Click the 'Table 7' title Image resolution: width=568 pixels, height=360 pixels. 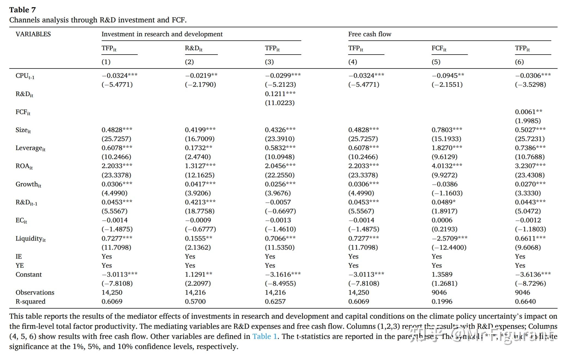pos(22,10)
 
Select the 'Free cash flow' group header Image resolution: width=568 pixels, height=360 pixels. pos(370,34)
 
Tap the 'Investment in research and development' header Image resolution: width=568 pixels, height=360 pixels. pos(162,34)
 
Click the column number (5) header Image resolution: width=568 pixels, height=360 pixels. pos(436,62)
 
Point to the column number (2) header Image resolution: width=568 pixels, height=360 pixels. pos(189,62)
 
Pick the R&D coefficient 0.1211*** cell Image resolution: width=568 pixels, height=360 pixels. pos(280,94)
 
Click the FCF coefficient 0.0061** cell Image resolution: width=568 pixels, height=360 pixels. pos(528,112)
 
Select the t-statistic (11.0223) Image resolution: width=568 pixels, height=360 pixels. pos(280,103)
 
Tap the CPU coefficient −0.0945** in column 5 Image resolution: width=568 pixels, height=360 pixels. pos(448,76)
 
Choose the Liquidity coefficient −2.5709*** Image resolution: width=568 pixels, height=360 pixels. pos(449,238)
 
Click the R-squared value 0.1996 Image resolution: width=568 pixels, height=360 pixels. pos(442,301)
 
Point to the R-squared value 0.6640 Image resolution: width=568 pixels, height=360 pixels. pos(525,301)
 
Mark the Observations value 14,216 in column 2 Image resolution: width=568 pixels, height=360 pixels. pos(195,292)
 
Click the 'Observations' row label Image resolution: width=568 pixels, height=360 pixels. pos(35,292)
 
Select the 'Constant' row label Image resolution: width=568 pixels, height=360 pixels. pos(29,274)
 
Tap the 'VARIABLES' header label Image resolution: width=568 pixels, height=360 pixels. pos(33,34)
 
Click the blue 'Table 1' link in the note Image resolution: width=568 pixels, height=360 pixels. pos(264,336)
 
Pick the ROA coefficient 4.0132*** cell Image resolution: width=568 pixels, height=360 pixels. pos(447,166)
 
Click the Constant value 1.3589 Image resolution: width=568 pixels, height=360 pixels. pos(442,274)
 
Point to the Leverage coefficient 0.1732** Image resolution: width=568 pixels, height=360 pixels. pos(198,148)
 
